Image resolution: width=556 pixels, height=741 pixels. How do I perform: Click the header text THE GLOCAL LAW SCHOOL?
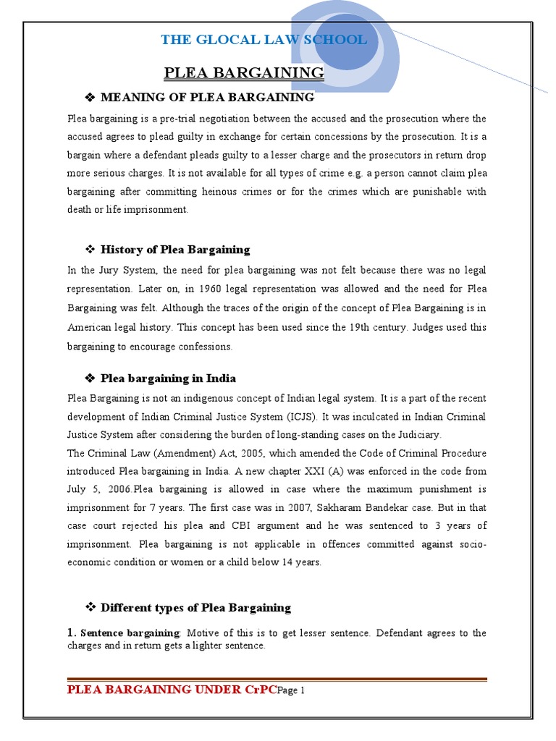coord(264,40)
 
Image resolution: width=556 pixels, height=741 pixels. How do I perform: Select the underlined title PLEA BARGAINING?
coord(244,72)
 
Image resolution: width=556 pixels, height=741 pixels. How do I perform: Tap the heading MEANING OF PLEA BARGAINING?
coord(207,97)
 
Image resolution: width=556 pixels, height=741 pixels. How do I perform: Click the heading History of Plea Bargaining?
coord(175,250)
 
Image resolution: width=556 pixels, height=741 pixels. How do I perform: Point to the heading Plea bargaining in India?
coord(168,378)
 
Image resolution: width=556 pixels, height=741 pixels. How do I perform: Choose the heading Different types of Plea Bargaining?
coord(195,608)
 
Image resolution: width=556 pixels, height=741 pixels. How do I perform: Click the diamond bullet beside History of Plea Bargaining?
coord(91,250)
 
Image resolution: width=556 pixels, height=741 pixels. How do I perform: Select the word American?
coord(91,327)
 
